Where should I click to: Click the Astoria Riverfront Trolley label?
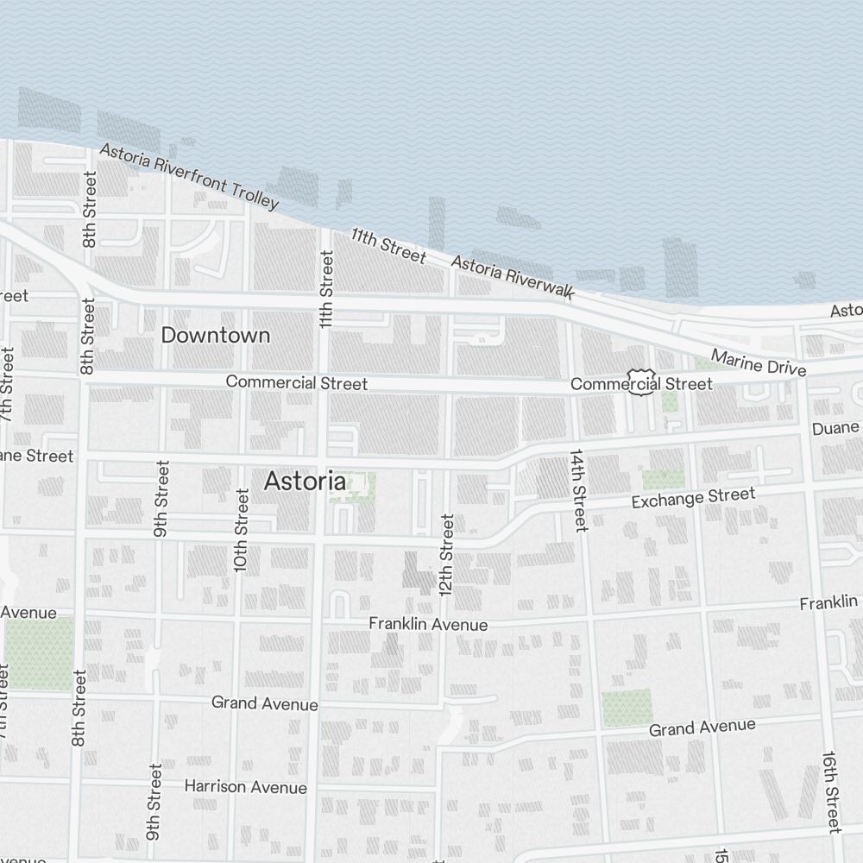189,176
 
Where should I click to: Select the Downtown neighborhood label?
216,335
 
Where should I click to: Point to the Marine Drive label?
759,362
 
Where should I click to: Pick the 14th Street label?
577,489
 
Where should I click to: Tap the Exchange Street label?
693,498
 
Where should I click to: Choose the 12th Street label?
446,555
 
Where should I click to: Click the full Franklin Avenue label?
428,624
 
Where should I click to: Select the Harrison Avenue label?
245,787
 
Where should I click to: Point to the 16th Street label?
830,791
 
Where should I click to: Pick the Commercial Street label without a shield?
296,382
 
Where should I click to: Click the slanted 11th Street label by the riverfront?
388,245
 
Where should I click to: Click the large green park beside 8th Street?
38,652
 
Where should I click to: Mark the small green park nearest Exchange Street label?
663,478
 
